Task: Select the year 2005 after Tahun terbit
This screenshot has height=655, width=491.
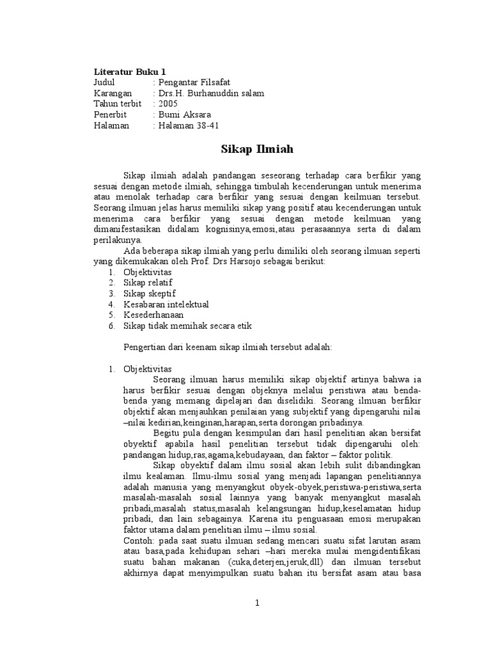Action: click(169, 104)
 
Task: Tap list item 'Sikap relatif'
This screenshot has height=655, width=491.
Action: click(148, 282)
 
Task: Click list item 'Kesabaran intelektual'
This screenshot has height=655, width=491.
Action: click(166, 304)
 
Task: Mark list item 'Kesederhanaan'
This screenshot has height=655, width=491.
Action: click(153, 315)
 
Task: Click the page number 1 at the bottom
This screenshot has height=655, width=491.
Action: click(256, 603)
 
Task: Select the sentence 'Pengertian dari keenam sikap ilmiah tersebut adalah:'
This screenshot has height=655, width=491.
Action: click(227, 347)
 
